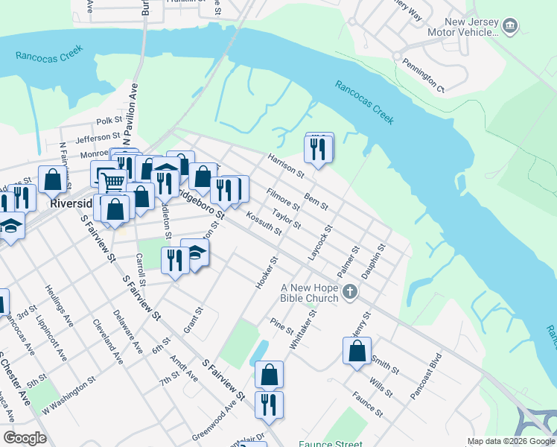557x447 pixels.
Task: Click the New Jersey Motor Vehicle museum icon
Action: tap(510, 28)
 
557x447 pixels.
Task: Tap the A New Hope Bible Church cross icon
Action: tap(351, 294)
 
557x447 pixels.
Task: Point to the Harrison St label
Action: tap(286, 165)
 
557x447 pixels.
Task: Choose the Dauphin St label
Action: tap(374, 260)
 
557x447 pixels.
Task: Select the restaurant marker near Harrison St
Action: tap(319, 149)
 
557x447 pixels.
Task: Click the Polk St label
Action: tap(109, 120)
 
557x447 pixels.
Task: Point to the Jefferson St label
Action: tap(98, 137)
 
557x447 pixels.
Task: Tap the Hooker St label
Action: tap(267, 274)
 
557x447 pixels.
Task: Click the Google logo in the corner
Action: tap(25, 437)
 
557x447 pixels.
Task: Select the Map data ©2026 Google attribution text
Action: tap(510, 441)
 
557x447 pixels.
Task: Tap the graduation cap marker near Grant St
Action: tap(195, 253)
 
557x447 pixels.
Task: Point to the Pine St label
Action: tap(282, 326)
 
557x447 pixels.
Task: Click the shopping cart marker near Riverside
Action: tap(112, 180)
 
